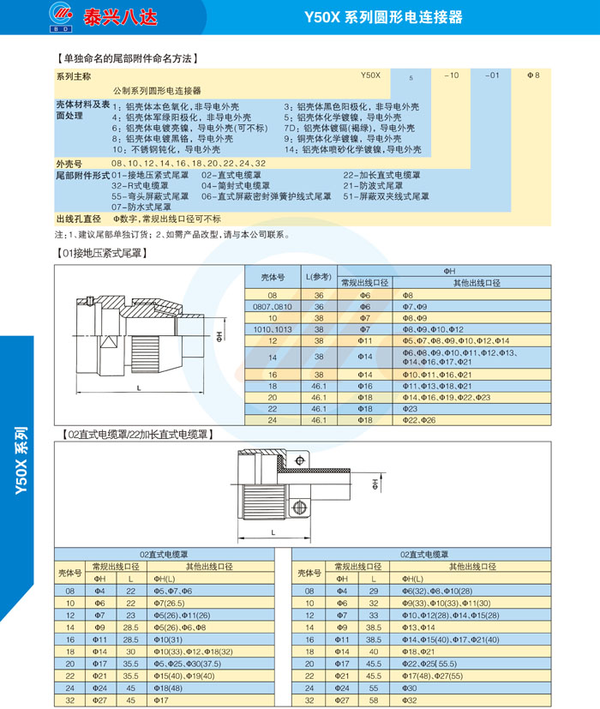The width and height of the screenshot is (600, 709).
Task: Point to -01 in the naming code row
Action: pos(492,75)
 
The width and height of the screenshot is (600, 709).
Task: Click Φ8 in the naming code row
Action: pos(534,75)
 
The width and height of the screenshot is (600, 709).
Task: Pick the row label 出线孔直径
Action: pos(78,219)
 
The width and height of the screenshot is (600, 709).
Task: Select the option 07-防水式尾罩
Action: pos(141,207)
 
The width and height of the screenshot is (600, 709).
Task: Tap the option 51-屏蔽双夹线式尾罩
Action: pos(387,196)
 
